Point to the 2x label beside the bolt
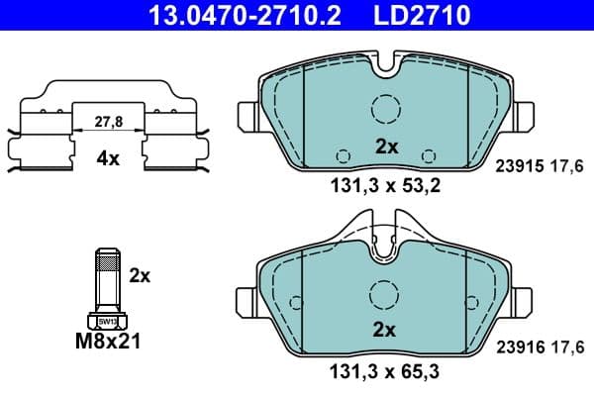click(x=140, y=276)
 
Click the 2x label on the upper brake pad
click(x=385, y=147)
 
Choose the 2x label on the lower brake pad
click(x=385, y=330)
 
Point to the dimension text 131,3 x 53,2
click(x=385, y=184)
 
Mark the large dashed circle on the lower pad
click(x=384, y=294)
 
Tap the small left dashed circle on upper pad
click(x=344, y=155)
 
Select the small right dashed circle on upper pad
click(x=428, y=155)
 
